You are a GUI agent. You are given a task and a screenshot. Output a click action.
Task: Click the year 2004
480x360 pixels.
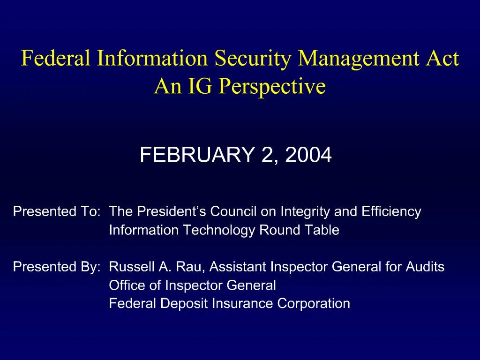click(x=308, y=155)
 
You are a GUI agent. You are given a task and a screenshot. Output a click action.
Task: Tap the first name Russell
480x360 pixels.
click(x=132, y=267)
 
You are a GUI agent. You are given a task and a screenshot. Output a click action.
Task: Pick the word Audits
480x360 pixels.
click(x=425, y=267)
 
